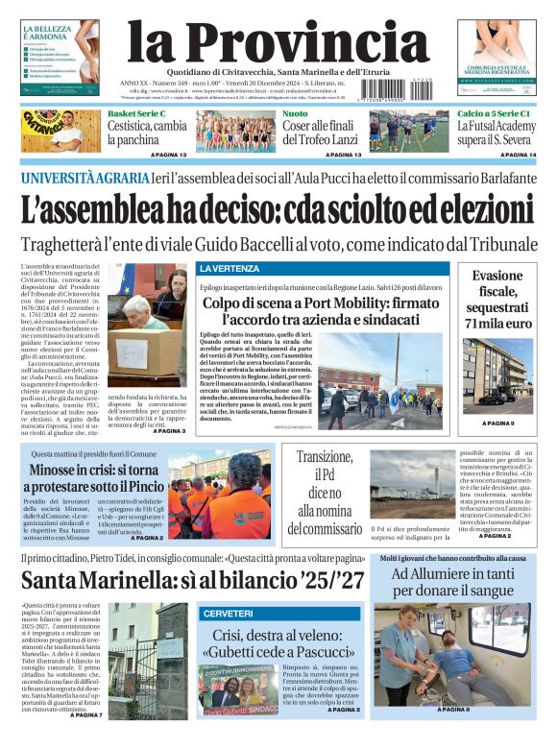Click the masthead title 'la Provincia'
click(x=278, y=44)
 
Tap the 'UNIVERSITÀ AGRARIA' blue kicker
click(x=85, y=178)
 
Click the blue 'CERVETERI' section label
click(x=228, y=613)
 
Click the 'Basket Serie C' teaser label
click(x=135, y=113)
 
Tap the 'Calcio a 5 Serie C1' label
click(x=493, y=113)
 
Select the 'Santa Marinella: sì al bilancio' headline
click(x=193, y=579)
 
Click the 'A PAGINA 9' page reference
click(x=499, y=423)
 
